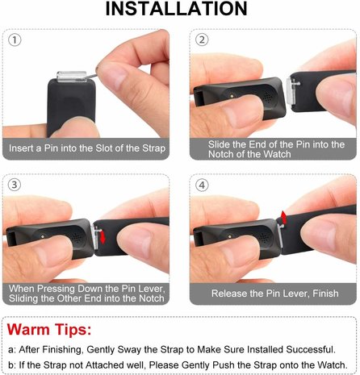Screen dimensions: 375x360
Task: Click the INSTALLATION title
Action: pyautogui.click(x=180, y=9)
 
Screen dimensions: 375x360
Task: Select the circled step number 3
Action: pyautogui.click(x=16, y=184)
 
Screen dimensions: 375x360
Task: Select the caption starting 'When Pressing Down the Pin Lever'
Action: pyautogui.click(x=86, y=294)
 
